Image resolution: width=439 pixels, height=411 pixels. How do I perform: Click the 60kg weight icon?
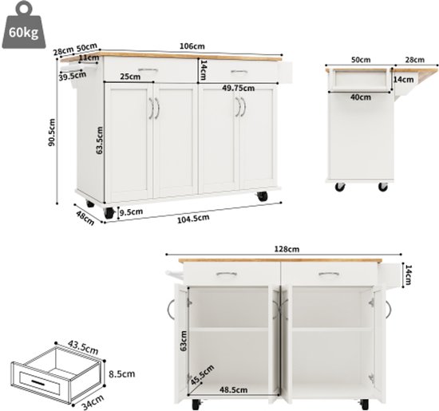[23, 26]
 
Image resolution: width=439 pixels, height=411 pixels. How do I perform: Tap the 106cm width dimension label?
[192, 46]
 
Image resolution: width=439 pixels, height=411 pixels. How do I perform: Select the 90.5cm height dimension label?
[52, 132]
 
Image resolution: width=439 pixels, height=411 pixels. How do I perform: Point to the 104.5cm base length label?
[193, 219]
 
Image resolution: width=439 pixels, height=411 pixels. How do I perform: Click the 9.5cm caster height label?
[132, 212]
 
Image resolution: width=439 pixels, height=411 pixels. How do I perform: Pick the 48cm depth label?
[85, 218]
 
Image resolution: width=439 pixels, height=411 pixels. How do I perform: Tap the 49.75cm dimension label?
[239, 89]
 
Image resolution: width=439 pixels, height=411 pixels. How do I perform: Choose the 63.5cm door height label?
[100, 140]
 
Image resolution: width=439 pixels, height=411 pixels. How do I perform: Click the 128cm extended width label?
[286, 249]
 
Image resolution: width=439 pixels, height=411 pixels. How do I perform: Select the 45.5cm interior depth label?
[203, 374]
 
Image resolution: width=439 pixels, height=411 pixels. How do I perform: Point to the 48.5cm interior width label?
[234, 389]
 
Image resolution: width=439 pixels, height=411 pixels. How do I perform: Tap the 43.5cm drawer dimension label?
[83, 347]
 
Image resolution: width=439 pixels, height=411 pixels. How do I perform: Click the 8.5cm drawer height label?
[122, 374]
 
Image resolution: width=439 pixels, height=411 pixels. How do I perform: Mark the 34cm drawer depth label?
[92, 402]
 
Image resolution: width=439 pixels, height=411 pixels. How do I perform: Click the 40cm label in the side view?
[361, 97]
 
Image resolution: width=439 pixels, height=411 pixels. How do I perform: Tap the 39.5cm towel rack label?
[72, 76]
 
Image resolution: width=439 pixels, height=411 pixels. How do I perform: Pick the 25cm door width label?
[130, 77]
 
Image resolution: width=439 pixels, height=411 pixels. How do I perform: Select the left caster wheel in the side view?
[340, 187]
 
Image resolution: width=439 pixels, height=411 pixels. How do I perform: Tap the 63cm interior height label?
[184, 341]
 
